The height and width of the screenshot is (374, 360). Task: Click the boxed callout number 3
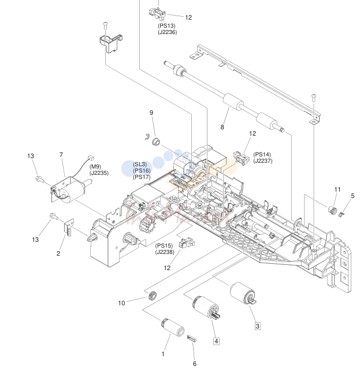tap(257, 326)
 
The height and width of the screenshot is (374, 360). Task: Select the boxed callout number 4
tap(216, 341)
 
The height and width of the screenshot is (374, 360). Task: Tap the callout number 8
tap(222, 127)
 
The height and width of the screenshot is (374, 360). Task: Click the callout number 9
tap(151, 113)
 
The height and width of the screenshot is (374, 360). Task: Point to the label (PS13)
tap(166, 26)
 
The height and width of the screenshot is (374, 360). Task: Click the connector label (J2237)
tap(263, 161)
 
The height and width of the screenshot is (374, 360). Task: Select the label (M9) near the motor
tap(95, 166)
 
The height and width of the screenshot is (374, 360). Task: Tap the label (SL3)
tap(140, 164)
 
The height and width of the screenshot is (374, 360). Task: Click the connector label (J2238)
tap(165, 252)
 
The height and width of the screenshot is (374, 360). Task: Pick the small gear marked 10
tap(151, 296)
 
